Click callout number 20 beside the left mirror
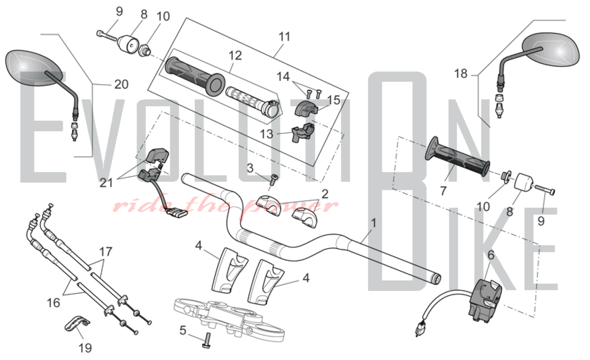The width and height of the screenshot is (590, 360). [121, 85]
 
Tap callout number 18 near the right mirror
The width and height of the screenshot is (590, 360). [461, 73]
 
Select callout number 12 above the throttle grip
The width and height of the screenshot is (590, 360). [235, 55]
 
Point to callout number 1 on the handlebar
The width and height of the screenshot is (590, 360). [373, 223]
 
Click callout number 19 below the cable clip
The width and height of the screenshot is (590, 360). [85, 348]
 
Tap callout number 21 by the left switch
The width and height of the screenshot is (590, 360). [106, 183]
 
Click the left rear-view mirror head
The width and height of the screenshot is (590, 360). [34, 68]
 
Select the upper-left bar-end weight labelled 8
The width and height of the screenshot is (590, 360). [129, 44]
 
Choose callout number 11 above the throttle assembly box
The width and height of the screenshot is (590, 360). [284, 37]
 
